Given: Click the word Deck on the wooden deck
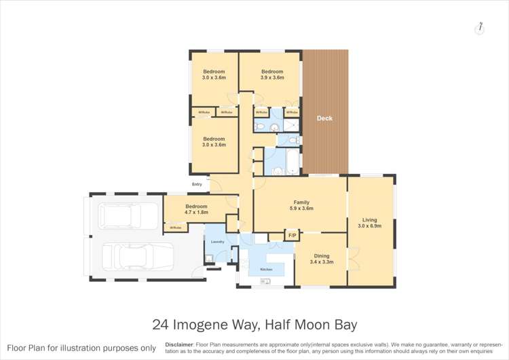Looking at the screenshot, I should pyautogui.click(x=324, y=118).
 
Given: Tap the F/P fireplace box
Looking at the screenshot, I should pyautogui.click(x=292, y=236).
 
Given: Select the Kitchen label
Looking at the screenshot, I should pyautogui.click(x=265, y=270).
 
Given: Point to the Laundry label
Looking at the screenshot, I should pyautogui.click(x=217, y=242).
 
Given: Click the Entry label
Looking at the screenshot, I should pyautogui.click(x=197, y=184).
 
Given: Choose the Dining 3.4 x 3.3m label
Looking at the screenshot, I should pyautogui.click(x=322, y=259).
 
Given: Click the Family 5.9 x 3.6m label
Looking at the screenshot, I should pyautogui.click(x=301, y=205).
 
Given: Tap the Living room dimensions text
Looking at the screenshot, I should pyautogui.click(x=369, y=226).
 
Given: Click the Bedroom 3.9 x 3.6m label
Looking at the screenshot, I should pyautogui.click(x=272, y=75).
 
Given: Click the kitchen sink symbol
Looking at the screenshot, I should pyautogui.click(x=265, y=282).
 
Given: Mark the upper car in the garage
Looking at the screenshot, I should pyautogui.click(x=121, y=216).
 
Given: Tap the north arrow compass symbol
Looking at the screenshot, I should pyautogui.click(x=480, y=28).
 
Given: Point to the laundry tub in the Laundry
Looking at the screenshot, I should pyautogui.click(x=209, y=257).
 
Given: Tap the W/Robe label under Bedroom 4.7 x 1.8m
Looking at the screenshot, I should pyautogui.click(x=175, y=228).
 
